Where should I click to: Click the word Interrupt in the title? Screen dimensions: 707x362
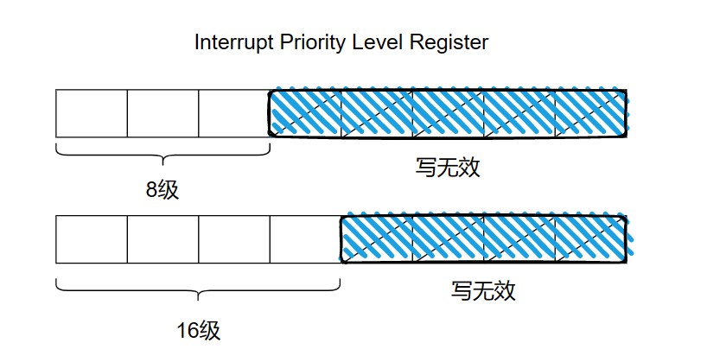[x=233, y=42]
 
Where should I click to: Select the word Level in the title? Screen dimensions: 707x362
[x=378, y=42]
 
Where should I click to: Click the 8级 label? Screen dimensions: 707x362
[x=162, y=190]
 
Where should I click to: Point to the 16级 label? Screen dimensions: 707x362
[x=199, y=331]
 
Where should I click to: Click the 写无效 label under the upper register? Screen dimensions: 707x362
[x=448, y=168]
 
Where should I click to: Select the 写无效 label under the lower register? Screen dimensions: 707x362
[x=483, y=290]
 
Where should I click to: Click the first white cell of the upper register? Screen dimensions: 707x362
[x=92, y=113]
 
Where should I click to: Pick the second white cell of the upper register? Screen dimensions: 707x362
[x=162, y=113]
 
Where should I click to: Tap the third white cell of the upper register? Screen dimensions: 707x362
[x=234, y=113]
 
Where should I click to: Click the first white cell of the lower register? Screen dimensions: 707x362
[x=92, y=239]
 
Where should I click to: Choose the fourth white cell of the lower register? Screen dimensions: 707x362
[x=305, y=239]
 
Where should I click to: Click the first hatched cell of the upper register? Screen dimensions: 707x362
[x=305, y=113]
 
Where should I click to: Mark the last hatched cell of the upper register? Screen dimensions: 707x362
[x=591, y=113]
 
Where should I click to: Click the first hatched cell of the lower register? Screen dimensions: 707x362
[x=377, y=239]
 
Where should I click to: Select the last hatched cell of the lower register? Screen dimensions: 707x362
[x=591, y=239]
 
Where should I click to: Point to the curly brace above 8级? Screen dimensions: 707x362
[x=162, y=156]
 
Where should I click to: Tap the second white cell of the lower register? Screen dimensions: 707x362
[x=162, y=239]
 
